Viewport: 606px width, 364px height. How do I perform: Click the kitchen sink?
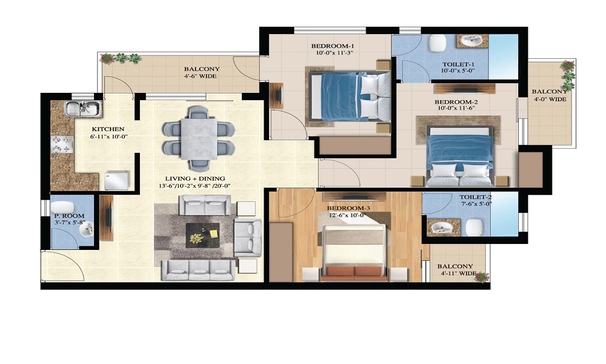(x=84, y=109)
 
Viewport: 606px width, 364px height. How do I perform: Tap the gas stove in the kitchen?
(x=62, y=144)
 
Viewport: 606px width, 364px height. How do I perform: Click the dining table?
(x=199, y=138)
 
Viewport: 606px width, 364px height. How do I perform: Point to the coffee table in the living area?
(x=202, y=235)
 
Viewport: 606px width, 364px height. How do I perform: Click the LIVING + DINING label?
(x=195, y=179)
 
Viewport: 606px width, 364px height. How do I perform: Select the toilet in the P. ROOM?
(x=62, y=207)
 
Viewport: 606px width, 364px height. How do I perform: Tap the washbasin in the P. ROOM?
(x=86, y=229)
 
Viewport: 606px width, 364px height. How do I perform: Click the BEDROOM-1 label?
(x=332, y=47)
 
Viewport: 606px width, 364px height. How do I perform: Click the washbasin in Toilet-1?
(x=472, y=41)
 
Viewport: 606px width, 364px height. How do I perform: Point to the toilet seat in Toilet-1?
(x=437, y=43)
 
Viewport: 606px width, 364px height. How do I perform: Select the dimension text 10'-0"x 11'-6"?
(x=456, y=109)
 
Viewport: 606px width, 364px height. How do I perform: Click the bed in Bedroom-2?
(x=459, y=156)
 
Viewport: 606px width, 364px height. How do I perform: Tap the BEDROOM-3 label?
(x=348, y=209)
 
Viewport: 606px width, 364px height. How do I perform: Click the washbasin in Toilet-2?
(x=443, y=227)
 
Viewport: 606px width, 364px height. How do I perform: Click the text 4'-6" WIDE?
(x=200, y=76)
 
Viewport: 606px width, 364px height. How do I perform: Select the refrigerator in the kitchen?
(x=117, y=180)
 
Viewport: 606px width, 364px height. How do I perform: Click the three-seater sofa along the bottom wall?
(x=198, y=270)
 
